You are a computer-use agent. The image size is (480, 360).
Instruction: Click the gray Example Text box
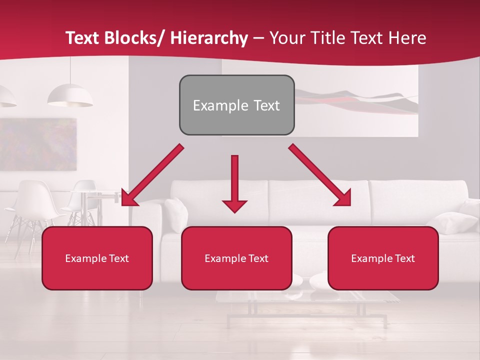[x=236, y=105]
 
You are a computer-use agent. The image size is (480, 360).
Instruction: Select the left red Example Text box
[x=97, y=258]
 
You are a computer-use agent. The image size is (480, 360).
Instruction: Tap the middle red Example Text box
[x=236, y=258]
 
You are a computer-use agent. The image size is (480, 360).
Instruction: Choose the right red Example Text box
[x=383, y=258]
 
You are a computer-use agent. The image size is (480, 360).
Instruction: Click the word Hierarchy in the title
[x=209, y=38]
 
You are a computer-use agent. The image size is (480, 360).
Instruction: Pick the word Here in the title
[x=408, y=38]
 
